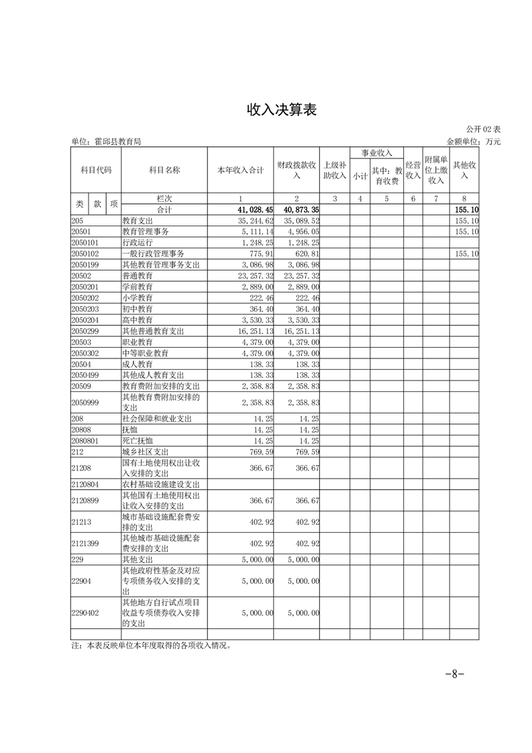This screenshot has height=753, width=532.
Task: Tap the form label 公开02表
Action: click(482, 130)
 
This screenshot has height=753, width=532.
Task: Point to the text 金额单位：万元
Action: click(474, 142)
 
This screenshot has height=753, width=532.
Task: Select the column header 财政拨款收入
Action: click(297, 170)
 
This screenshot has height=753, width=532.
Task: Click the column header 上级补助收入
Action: click(334, 170)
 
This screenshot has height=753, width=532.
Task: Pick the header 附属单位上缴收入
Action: click(436, 170)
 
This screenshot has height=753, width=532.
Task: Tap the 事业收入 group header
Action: click(377, 153)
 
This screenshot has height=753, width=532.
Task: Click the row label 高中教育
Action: click(138, 320)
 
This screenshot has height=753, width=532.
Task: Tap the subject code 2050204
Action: click(85, 320)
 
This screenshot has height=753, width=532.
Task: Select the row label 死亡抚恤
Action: click(138, 441)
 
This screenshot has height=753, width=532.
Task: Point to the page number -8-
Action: click(455, 674)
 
